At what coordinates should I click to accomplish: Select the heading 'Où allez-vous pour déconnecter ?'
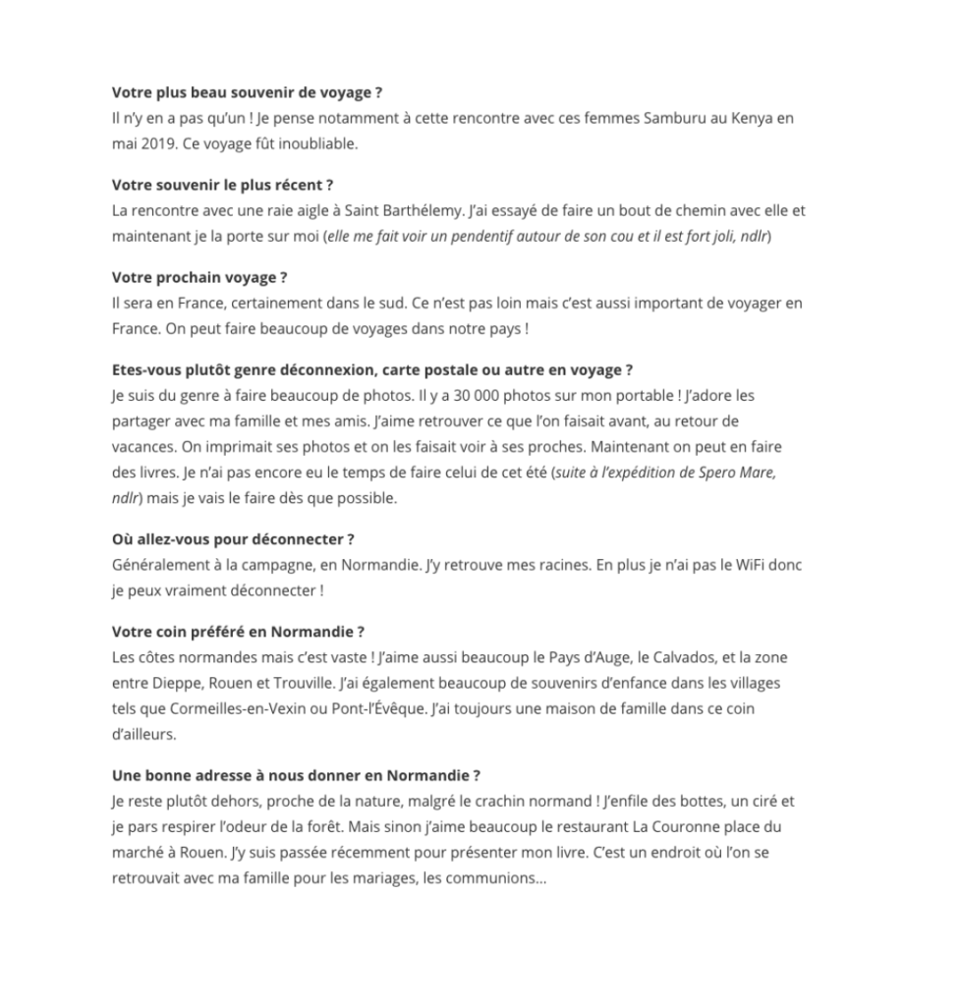[233, 539]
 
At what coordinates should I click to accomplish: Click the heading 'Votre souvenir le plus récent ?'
[223, 185]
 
